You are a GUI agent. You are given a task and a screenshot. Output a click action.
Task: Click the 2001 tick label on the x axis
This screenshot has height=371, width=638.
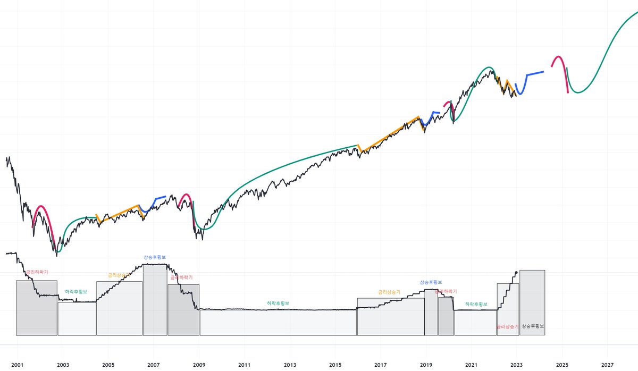click(x=17, y=365)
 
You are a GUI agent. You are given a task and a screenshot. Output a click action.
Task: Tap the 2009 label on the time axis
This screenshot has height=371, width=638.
click(x=199, y=365)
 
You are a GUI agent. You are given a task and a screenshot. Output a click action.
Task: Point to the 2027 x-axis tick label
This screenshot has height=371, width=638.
click(x=608, y=365)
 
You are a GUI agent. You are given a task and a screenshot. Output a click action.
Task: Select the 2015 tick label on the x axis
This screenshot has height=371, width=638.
click(x=335, y=365)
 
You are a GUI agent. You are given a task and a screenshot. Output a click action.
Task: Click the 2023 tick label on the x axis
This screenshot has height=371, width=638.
click(x=517, y=365)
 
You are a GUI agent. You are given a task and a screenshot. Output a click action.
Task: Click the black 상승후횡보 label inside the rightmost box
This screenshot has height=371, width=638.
click(x=533, y=326)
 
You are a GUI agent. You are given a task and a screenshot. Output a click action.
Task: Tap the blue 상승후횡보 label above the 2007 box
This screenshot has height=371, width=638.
click(x=155, y=257)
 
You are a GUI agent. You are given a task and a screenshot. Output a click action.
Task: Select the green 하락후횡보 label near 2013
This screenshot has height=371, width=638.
click(x=278, y=303)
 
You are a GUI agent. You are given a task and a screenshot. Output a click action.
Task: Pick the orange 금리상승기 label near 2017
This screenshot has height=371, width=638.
click(x=389, y=292)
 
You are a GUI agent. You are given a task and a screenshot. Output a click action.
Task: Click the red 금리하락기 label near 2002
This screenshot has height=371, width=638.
click(x=37, y=272)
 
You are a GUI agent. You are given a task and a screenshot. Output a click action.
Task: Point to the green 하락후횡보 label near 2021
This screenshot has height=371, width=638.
click(x=476, y=304)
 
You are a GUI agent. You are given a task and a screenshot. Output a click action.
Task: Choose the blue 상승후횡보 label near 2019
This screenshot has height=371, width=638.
click(x=431, y=282)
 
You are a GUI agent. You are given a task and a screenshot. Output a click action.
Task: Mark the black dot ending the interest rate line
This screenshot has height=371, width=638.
click(x=516, y=273)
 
